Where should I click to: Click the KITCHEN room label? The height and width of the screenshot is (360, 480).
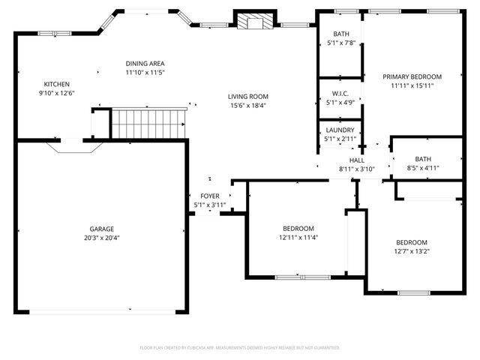[56, 84]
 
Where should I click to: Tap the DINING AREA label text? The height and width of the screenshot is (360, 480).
[145, 64]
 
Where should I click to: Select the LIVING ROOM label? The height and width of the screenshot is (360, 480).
[248, 96]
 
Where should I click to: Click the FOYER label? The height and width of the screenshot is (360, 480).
[209, 196]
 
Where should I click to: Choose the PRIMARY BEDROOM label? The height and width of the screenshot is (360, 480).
[412, 76]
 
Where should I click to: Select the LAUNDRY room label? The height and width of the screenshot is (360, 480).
[340, 130]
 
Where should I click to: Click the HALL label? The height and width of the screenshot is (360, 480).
[356, 160]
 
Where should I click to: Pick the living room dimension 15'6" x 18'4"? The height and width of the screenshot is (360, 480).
[248, 105]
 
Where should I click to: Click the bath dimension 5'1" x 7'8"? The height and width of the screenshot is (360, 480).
[340, 43]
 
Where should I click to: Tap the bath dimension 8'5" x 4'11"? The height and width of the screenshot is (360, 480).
[424, 167]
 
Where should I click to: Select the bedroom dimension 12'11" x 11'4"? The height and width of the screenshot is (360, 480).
[298, 238]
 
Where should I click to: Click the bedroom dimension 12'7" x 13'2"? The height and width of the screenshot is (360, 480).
[412, 251]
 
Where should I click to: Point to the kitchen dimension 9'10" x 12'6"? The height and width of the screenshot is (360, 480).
[56, 93]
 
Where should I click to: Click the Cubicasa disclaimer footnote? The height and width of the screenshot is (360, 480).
[240, 348]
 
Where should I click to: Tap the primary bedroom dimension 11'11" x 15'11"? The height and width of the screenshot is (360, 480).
[412, 85]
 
